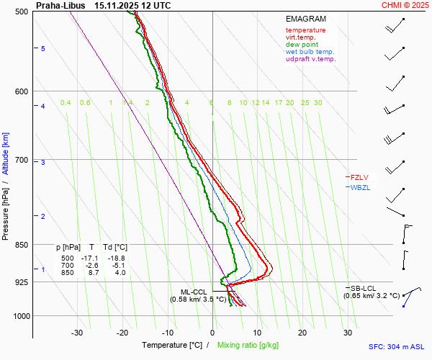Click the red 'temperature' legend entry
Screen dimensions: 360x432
pos(305,30)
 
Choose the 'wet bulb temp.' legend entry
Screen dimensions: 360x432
pos(310,52)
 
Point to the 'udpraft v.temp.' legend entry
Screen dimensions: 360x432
pos(310,59)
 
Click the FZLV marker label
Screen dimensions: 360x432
pos(359,177)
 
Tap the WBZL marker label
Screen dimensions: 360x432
pos(359,188)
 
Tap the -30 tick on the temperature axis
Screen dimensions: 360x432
pos(77,333)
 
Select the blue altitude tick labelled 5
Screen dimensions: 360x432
pos(43,48)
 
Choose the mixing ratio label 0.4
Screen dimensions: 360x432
pos(66,103)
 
